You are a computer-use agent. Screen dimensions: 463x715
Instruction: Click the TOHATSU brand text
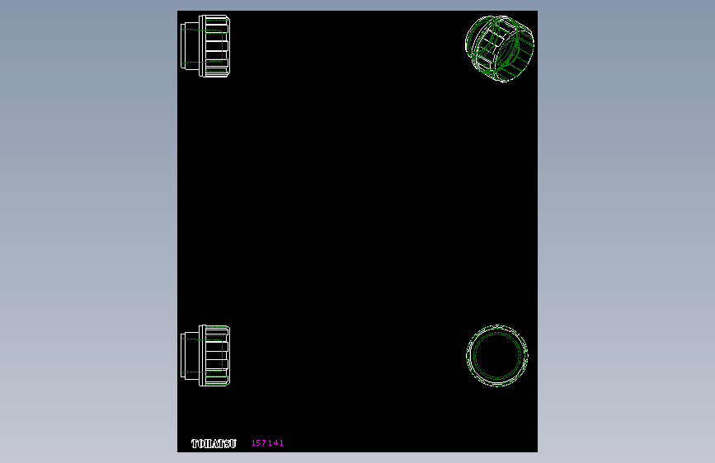(x=214, y=444)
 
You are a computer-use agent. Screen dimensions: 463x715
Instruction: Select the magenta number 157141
(x=267, y=443)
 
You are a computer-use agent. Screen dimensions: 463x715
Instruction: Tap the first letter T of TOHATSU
(x=195, y=444)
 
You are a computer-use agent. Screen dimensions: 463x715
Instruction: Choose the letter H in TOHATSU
(x=208, y=444)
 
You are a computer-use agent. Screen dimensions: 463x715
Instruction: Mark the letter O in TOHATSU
(x=201, y=444)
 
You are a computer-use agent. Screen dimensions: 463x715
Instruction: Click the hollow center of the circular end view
(x=497, y=355)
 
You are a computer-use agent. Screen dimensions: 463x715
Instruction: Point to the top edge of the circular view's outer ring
(x=497, y=325)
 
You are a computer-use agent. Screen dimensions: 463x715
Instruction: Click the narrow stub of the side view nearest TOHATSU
(x=190, y=355)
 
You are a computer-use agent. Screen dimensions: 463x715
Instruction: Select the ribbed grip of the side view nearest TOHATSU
(x=218, y=355)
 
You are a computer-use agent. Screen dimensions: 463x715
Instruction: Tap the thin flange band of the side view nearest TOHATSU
(x=200, y=355)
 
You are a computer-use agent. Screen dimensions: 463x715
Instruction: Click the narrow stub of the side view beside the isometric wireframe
(x=190, y=46)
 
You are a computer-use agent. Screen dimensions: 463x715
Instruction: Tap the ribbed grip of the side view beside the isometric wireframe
(x=218, y=46)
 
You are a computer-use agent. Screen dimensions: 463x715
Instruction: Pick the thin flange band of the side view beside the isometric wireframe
(x=200, y=46)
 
